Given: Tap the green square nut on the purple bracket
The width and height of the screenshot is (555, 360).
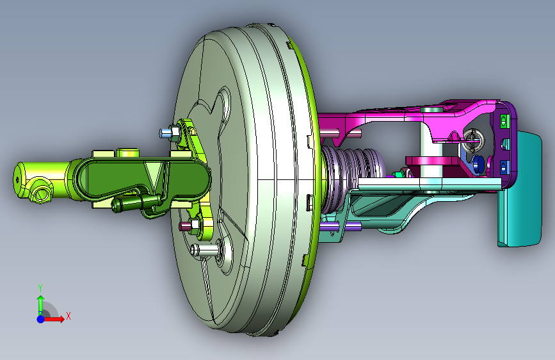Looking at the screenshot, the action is [x=503, y=121].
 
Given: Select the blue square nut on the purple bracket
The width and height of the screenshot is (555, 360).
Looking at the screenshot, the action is [x=503, y=167].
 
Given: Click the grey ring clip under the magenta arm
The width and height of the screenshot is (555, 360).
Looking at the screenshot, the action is [x=474, y=140].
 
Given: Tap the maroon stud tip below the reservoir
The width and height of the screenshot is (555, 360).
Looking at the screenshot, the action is [x=184, y=226].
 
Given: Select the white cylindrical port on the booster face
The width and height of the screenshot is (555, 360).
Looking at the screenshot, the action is [x=204, y=250].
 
